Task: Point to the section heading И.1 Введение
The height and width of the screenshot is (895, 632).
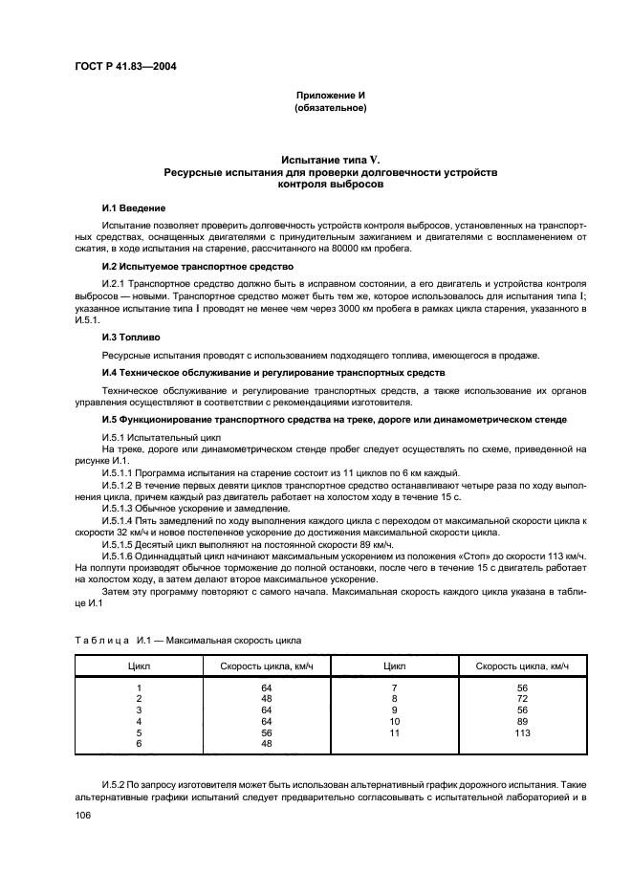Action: [134, 207]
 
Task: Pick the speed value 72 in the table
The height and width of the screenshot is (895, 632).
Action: [521, 699]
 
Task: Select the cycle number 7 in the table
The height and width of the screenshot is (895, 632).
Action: [395, 688]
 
